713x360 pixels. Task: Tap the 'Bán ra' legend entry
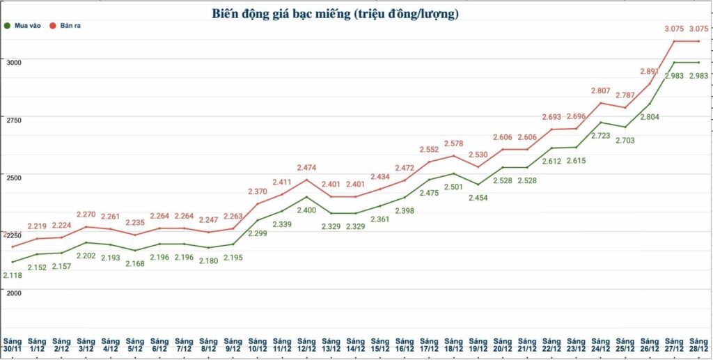pyautogui.click(x=80, y=26)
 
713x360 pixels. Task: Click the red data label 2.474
pyautogui.click(x=307, y=168)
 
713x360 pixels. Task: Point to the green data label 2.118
pyautogui.click(x=13, y=276)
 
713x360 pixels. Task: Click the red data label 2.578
pyautogui.click(x=453, y=143)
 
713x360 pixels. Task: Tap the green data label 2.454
pyautogui.click(x=478, y=198)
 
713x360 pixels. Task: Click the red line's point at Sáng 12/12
pyautogui.click(x=306, y=180)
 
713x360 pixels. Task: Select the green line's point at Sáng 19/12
pyautogui.click(x=478, y=185)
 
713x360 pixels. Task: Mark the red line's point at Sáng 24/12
pyautogui.click(x=600, y=103)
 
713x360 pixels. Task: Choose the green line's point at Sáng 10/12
pyautogui.click(x=258, y=220)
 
